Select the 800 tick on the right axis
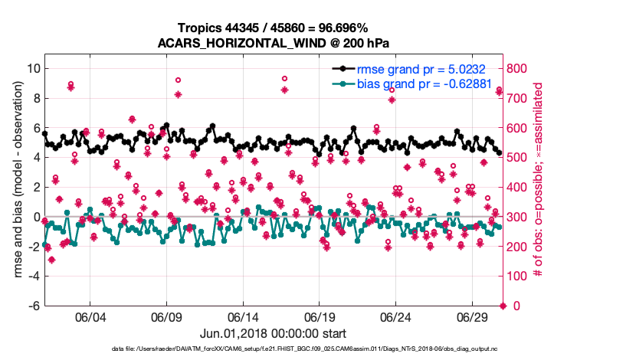pyautogui.click(x=520, y=68)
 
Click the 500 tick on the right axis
pyautogui.click(x=520, y=158)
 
